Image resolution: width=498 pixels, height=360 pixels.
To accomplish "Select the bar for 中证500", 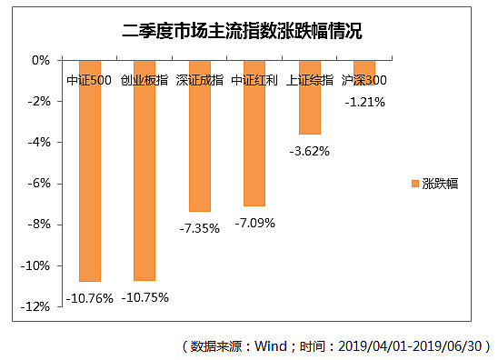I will [x=89, y=182].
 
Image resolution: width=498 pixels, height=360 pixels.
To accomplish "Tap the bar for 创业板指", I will [x=144, y=182].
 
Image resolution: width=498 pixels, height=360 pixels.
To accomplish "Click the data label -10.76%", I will [x=89, y=297].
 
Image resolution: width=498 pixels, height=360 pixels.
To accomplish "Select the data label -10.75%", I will [x=145, y=297].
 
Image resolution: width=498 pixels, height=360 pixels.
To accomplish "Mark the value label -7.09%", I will [x=254, y=222].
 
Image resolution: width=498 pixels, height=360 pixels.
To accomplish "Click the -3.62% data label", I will [x=309, y=151].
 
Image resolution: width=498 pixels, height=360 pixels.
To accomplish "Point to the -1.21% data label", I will [x=364, y=102].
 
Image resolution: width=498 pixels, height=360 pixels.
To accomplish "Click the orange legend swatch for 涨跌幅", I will [x=415, y=184].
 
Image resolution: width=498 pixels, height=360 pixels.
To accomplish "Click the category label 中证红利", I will [x=254, y=80].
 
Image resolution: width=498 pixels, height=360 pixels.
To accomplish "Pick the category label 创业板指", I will [x=144, y=80].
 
